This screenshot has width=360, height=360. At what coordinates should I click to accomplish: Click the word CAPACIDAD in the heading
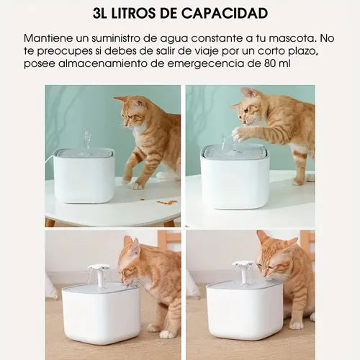tap(225, 13)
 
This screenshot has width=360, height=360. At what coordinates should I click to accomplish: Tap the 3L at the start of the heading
tap(100, 13)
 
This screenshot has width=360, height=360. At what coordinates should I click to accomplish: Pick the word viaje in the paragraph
tap(204, 51)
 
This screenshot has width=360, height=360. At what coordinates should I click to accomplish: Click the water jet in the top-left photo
tap(87, 139)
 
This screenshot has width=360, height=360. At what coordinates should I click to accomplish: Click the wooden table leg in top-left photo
tap(50, 222)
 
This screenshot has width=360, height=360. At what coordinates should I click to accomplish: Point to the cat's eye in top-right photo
tap(246, 110)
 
